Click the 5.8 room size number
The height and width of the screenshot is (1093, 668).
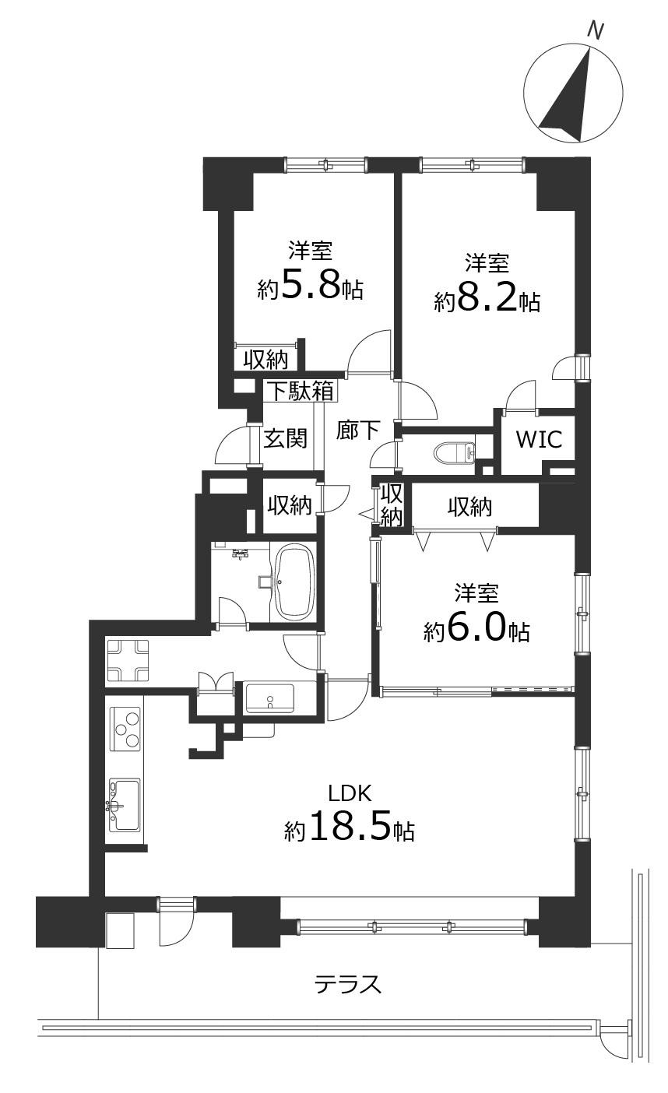coord(311,287)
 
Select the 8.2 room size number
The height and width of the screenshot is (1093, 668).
coord(487,300)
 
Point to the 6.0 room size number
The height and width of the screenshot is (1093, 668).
coord(476,630)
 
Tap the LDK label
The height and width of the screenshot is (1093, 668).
coord(350,793)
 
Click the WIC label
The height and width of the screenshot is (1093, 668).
coord(540,439)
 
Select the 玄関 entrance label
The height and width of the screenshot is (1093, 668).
coord(286,438)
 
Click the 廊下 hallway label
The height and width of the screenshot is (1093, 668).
coord(358,430)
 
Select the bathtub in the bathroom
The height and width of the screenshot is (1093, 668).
coord(295,582)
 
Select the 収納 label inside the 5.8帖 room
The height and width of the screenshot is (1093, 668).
coord(266,360)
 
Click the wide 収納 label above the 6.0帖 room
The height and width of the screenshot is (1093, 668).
coord(470,508)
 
